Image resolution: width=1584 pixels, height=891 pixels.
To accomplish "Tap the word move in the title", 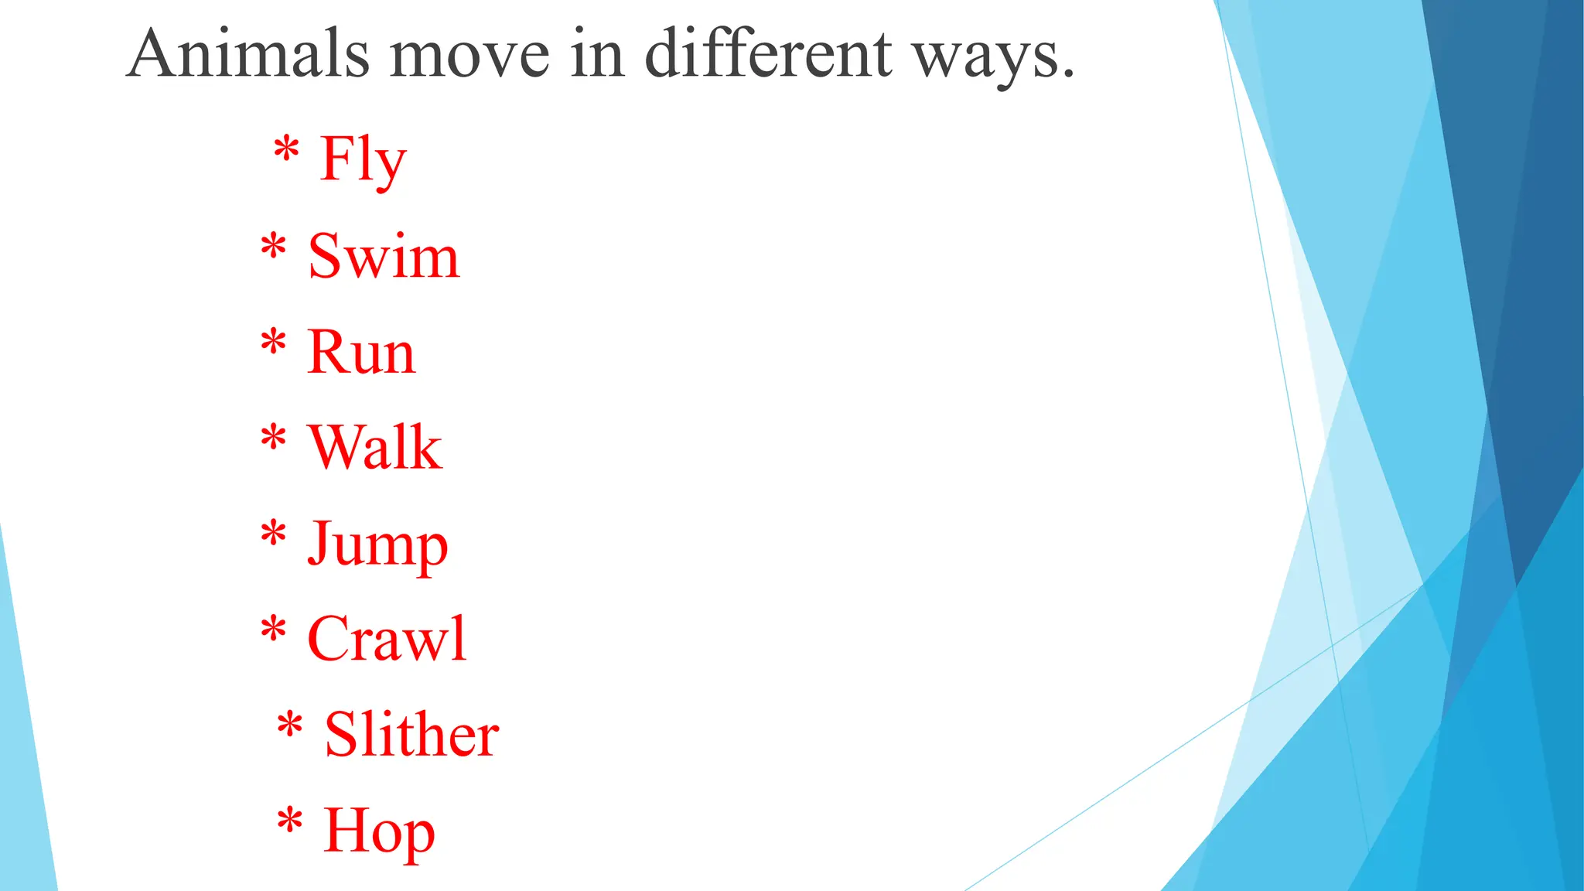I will [469, 56].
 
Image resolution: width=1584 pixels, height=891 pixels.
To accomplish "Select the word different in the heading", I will [768, 54].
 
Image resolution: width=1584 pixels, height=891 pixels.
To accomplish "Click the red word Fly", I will [363, 160].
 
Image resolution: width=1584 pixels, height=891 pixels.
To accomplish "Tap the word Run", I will [361, 353].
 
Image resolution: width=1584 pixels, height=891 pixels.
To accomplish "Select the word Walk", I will [374, 448].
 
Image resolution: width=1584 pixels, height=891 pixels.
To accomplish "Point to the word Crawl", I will [387, 640].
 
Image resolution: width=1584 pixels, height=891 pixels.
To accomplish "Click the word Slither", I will [411, 735].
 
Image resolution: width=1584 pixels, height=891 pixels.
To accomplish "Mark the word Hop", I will [379, 831].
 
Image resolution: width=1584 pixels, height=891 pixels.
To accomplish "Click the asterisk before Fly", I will [286, 148].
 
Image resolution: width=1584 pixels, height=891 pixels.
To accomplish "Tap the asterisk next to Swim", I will [273, 247].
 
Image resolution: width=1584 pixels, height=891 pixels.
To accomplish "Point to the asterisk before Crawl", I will [273, 630].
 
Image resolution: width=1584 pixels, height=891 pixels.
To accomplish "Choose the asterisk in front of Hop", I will [289, 821].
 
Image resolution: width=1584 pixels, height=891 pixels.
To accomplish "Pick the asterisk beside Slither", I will [289, 725].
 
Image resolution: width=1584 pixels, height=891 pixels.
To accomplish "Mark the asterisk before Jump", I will [273, 534].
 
